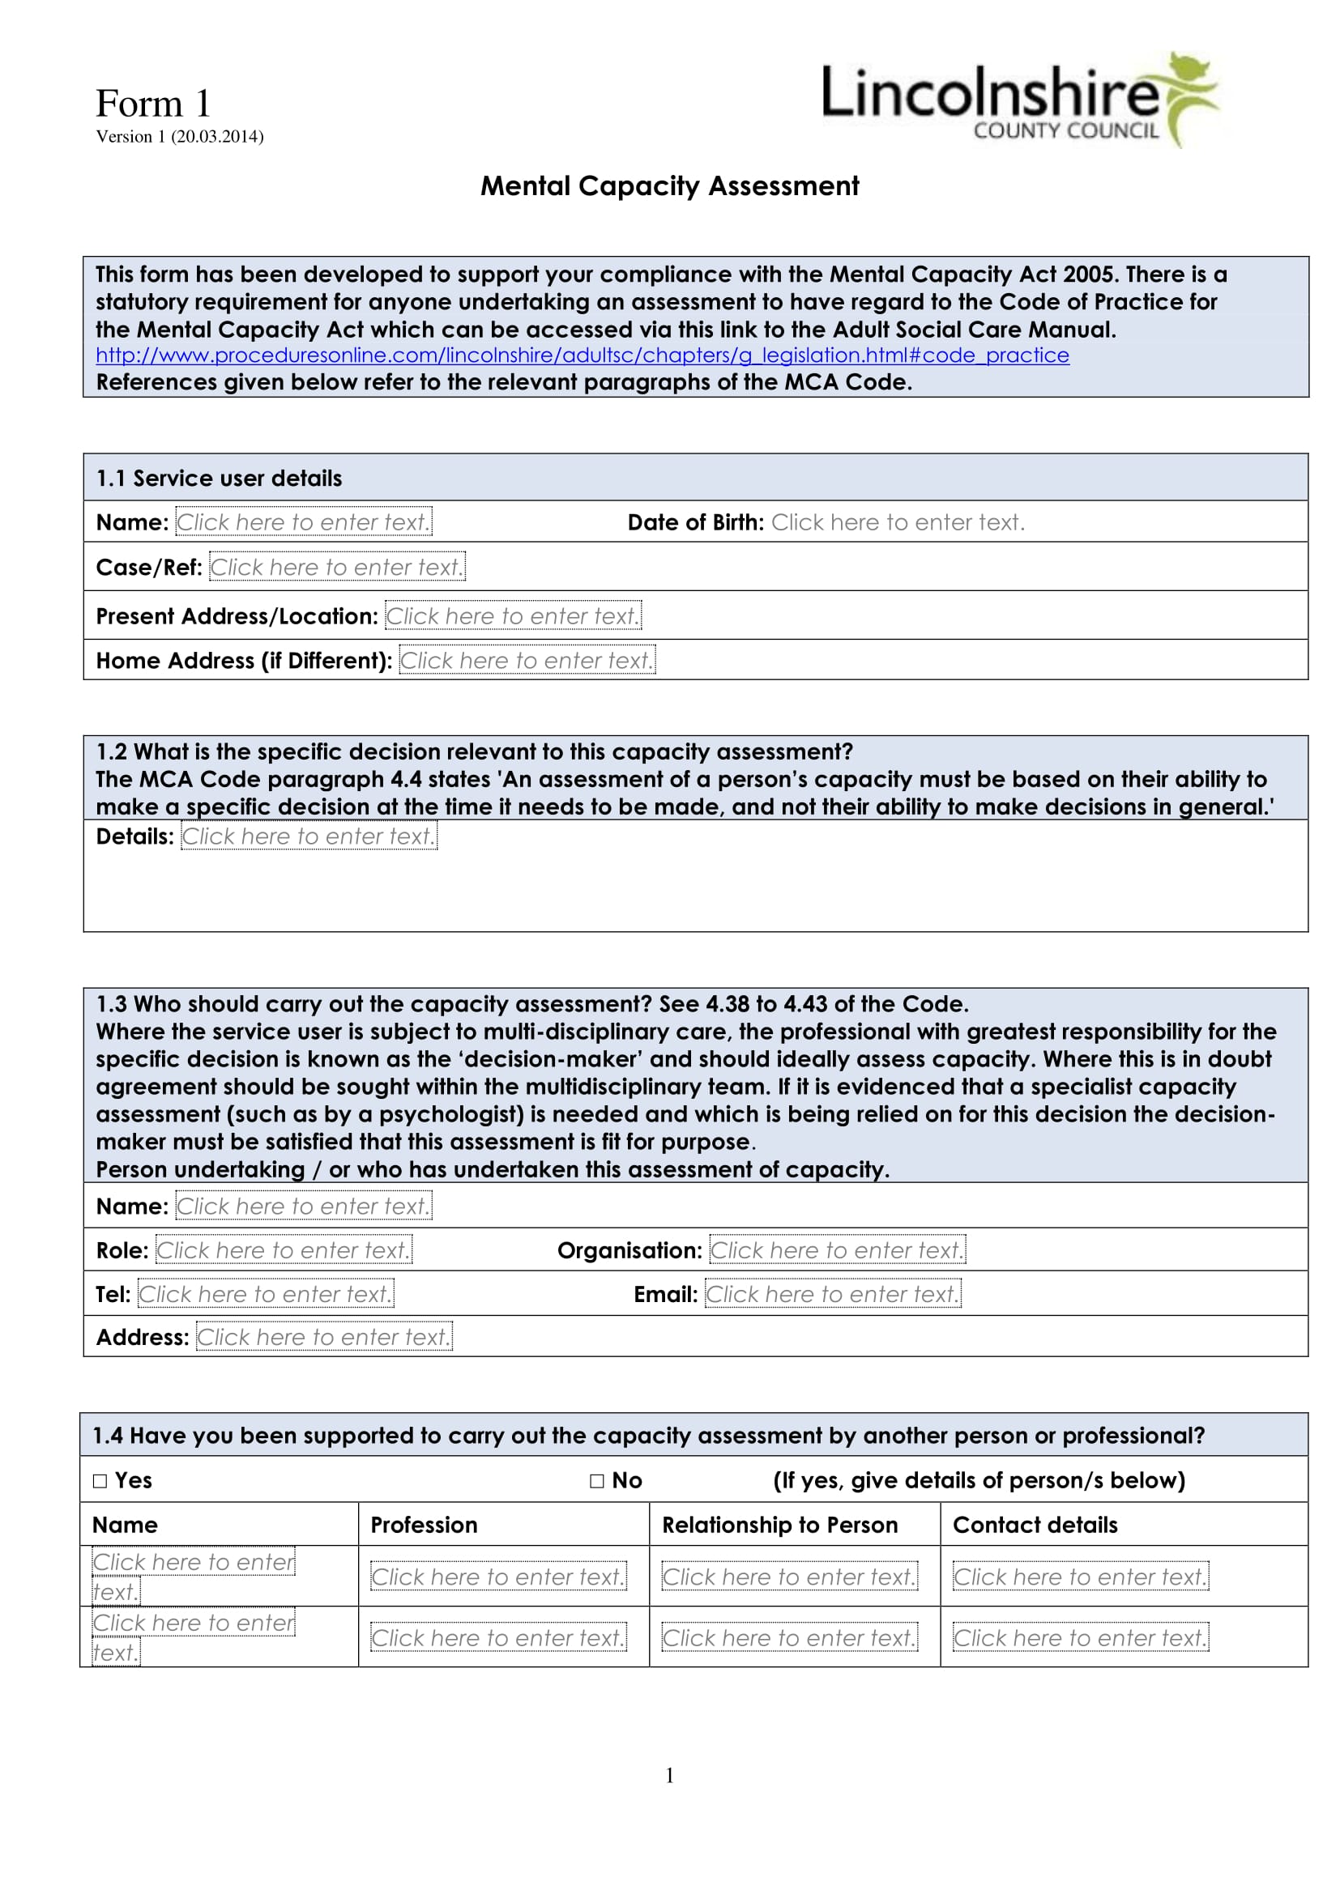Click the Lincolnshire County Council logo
click(1019, 99)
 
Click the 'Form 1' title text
click(153, 104)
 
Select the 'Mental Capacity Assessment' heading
click(669, 186)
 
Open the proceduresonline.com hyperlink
click(582, 355)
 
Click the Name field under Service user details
click(303, 522)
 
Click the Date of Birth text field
click(898, 522)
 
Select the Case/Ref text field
click(337, 568)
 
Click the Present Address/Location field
click(512, 616)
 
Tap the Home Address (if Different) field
click(527, 661)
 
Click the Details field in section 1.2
click(309, 836)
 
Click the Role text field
click(283, 1250)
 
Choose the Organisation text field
click(837, 1250)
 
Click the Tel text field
click(265, 1294)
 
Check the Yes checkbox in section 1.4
click(100, 1482)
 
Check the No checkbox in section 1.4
click(597, 1482)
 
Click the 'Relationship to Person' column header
click(779, 1526)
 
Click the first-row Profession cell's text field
click(497, 1577)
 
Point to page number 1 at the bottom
click(669, 1775)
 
